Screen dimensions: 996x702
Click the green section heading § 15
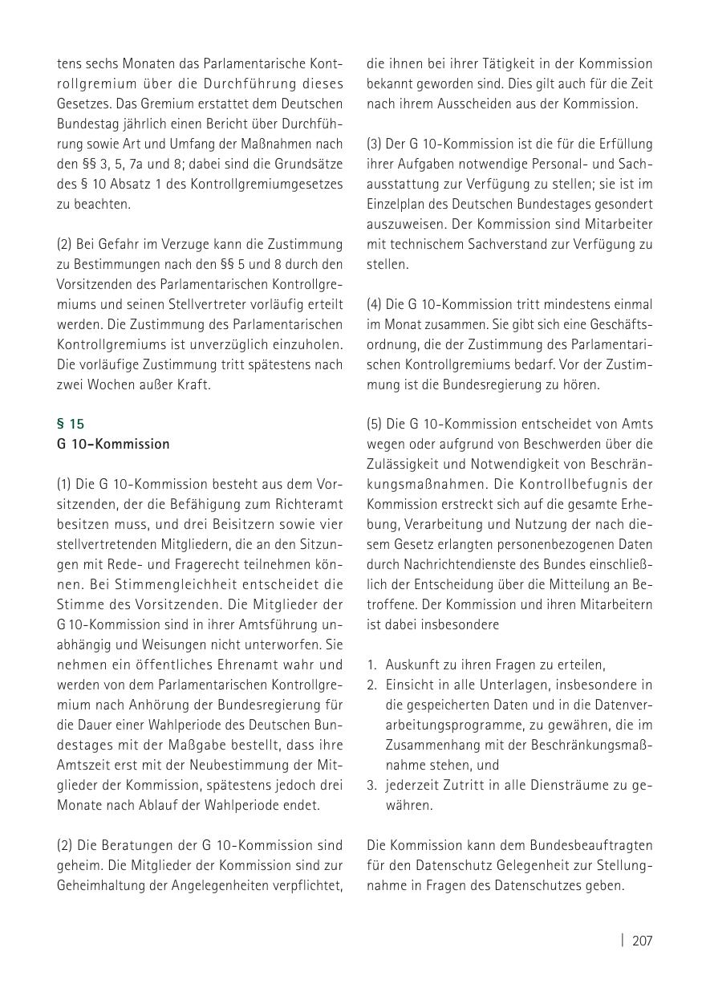pos(70,424)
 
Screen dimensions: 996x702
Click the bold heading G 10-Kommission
pos(113,444)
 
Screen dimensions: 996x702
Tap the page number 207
pos(642,941)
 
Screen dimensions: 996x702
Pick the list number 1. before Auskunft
pos(372,665)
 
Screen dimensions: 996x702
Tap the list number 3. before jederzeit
pos(372,785)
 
